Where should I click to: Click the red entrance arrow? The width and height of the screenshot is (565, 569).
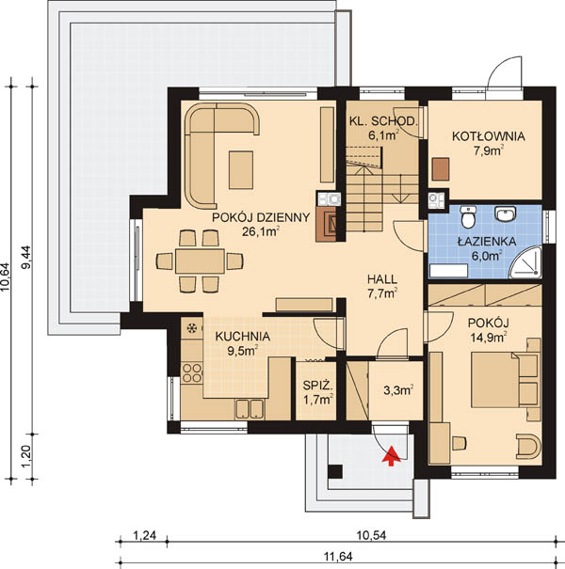(x=391, y=456)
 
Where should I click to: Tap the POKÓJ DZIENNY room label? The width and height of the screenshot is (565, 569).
(x=261, y=217)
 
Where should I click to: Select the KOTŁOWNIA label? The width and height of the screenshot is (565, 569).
(x=489, y=136)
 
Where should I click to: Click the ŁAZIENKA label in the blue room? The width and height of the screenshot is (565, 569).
(x=487, y=242)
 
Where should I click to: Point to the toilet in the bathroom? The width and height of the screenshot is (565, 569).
(x=468, y=216)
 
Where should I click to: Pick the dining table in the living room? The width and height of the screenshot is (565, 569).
(x=200, y=261)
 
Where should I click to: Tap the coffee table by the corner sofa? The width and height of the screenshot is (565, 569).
(x=240, y=170)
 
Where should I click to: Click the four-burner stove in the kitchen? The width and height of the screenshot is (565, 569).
(x=192, y=372)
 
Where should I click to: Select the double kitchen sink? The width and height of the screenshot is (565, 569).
(x=249, y=409)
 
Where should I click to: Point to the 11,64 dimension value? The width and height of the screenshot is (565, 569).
(x=336, y=556)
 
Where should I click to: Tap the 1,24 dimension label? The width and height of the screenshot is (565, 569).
(x=145, y=535)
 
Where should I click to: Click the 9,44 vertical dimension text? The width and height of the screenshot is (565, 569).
(x=27, y=257)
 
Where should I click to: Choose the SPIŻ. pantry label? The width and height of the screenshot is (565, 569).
(x=317, y=386)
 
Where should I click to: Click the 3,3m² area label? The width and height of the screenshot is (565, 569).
(x=398, y=390)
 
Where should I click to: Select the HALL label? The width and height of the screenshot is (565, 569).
(x=382, y=279)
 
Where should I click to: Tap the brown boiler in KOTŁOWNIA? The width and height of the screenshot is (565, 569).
(x=441, y=169)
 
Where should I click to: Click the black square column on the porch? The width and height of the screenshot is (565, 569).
(x=334, y=471)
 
